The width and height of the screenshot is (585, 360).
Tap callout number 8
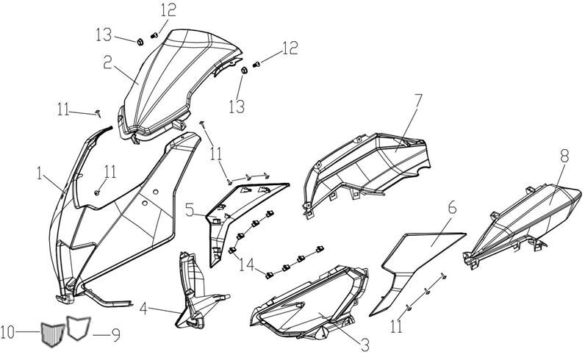(x=564, y=156)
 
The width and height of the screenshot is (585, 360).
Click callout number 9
(x=116, y=334)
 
